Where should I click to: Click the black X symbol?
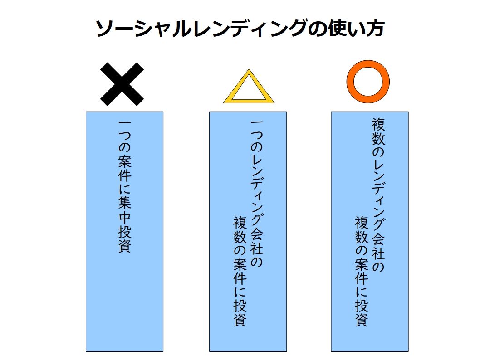coord(122,84)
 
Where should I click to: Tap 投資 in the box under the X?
coord(124,239)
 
